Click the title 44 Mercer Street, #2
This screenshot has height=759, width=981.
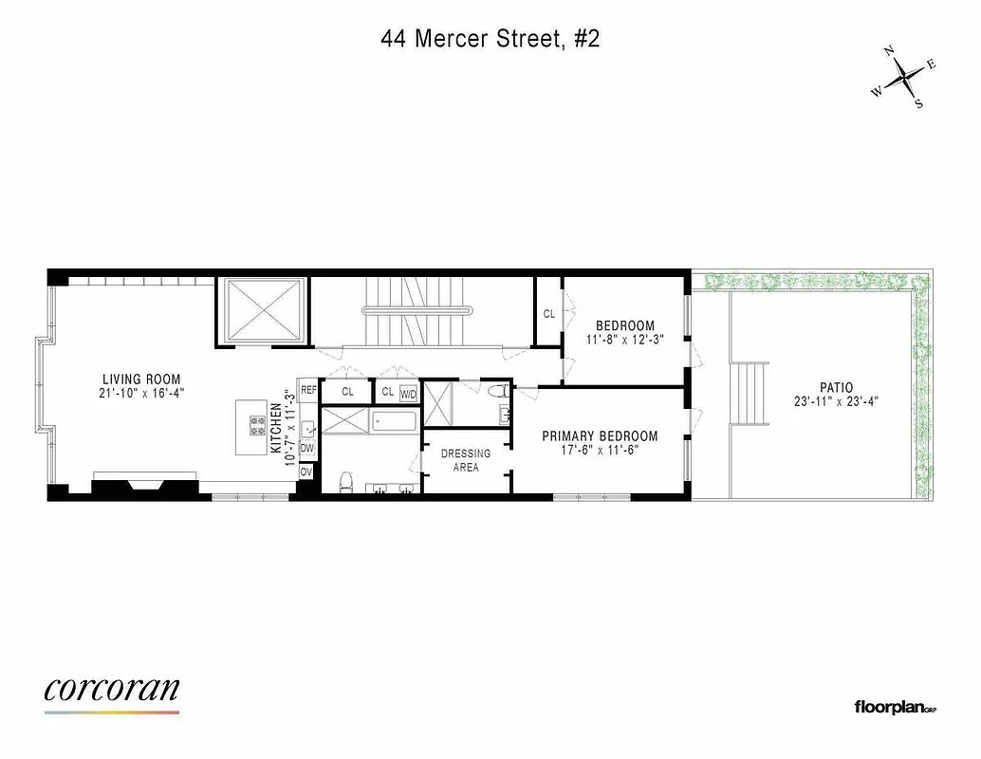(x=490, y=39)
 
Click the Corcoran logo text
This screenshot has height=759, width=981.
(x=111, y=690)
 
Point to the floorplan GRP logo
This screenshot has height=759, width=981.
(x=895, y=707)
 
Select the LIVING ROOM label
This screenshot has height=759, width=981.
(x=141, y=379)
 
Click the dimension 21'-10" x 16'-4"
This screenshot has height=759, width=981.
(x=141, y=393)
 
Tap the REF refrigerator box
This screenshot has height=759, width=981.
(x=308, y=390)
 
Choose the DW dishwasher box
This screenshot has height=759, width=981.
(x=307, y=448)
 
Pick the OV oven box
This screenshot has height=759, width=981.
(x=306, y=472)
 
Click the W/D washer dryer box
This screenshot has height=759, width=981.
(x=409, y=393)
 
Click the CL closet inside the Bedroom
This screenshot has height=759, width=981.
(x=548, y=313)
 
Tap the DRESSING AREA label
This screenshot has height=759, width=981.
(x=466, y=460)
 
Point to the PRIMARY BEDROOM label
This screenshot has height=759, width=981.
(x=600, y=436)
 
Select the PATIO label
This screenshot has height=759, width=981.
(x=835, y=387)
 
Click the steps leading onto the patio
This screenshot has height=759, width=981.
(x=748, y=394)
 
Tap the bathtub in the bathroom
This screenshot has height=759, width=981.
(x=395, y=420)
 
